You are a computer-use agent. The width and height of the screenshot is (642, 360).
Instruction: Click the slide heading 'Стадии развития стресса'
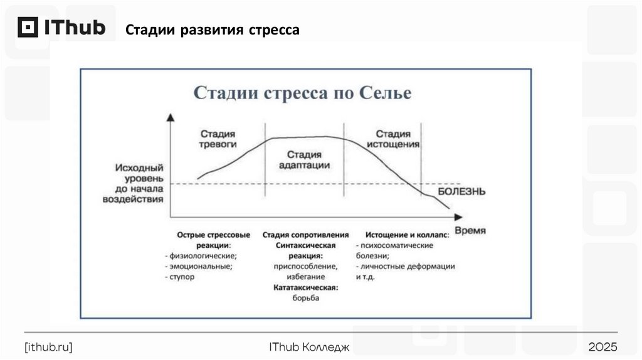tap(212, 30)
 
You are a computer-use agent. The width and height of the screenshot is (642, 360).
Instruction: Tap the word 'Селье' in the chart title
tap(386, 93)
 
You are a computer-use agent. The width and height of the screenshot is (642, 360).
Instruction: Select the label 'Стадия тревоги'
tap(218, 139)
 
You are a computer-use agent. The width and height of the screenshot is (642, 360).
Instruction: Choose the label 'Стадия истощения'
tap(393, 139)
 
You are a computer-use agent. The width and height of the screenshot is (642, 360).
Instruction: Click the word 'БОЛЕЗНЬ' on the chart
tap(461, 191)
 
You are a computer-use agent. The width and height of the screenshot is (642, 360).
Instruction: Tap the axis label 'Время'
tap(470, 230)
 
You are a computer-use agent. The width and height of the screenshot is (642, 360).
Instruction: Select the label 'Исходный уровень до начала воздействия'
tap(139, 183)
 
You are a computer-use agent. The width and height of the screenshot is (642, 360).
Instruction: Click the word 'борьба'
tap(305, 298)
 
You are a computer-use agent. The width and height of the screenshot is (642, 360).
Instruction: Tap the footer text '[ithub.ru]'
tap(48, 347)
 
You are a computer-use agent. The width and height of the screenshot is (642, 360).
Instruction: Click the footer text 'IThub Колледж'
tap(308, 347)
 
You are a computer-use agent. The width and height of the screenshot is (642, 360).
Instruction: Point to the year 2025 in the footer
tap(603, 347)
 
